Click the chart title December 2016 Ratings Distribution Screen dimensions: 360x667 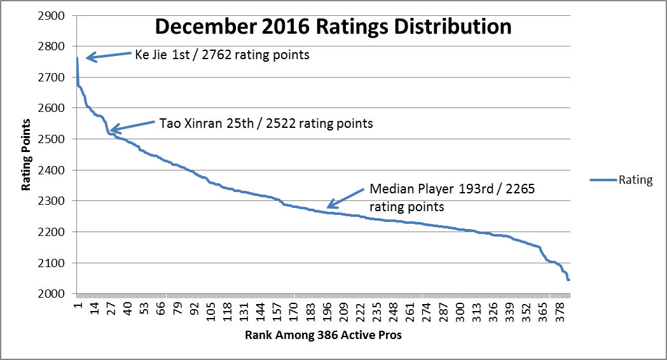(x=333, y=27)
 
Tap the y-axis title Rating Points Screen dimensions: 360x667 (x=27, y=155)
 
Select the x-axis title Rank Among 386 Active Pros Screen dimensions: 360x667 (x=323, y=335)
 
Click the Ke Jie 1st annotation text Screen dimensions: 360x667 (x=222, y=55)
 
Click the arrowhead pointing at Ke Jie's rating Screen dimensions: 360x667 (x=89, y=59)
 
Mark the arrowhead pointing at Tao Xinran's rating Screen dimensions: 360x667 (x=113, y=130)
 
